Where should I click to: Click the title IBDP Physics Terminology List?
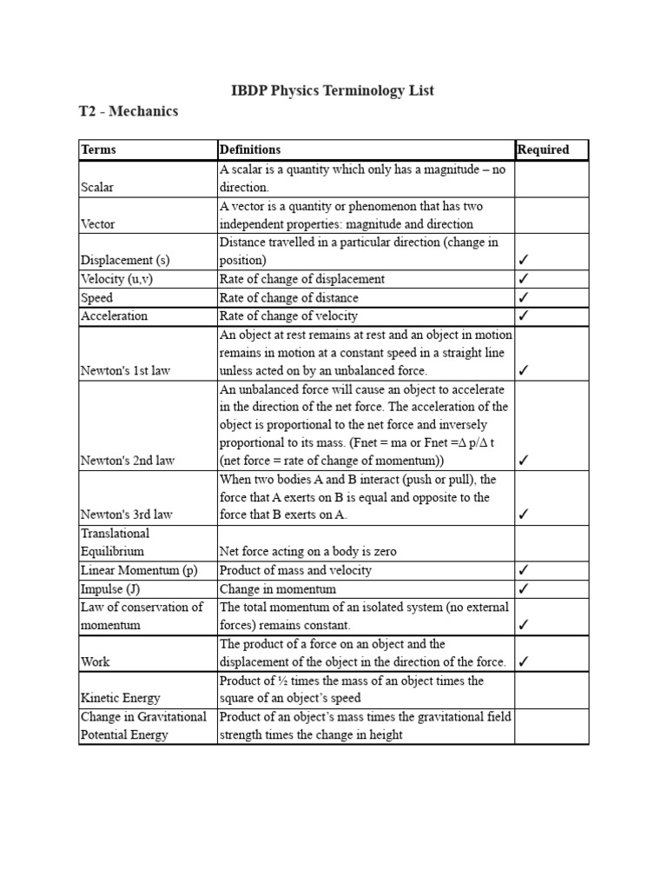click(333, 90)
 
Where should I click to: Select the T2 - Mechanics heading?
click(129, 111)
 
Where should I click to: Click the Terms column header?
click(98, 149)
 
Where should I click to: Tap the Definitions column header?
click(250, 149)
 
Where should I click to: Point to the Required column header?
click(544, 149)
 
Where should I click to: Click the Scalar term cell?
click(97, 187)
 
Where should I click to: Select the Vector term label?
click(97, 223)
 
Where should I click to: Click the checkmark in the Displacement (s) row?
click(524, 260)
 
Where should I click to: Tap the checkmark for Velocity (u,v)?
click(524, 279)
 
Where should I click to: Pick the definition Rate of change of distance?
click(288, 297)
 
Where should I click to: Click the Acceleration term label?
click(114, 315)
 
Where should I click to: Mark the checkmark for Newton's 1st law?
click(524, 370)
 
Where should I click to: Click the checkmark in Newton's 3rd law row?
click(524, 515)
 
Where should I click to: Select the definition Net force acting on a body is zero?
click(308, 551)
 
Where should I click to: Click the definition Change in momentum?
click(272, 588)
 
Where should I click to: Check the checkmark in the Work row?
click(524, 661)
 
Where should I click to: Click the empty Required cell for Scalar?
click(551, 179)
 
